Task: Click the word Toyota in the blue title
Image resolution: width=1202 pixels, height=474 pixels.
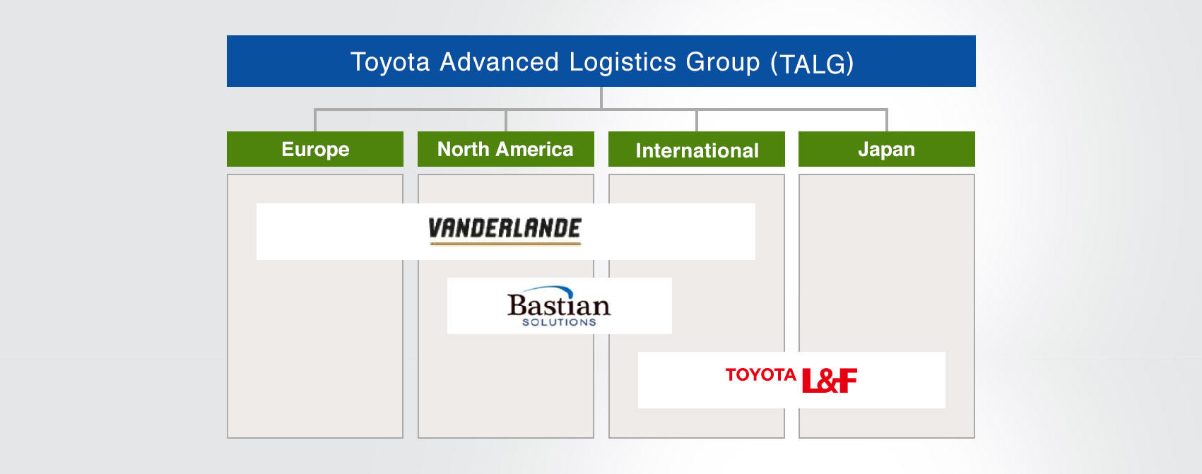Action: (390, 62)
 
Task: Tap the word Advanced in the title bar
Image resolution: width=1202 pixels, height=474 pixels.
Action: (499, 62)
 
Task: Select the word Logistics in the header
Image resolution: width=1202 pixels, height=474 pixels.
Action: (623, 62)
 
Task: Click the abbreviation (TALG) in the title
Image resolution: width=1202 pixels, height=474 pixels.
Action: (812, 64)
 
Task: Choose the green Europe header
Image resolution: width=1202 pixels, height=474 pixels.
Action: (315, 149)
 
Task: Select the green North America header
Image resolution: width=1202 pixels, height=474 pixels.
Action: (505, 149)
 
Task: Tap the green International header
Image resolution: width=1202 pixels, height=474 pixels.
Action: (697, 150)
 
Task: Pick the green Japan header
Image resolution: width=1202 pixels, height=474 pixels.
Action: (886, 149)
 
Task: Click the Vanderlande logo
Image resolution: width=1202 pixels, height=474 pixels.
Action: (505, 228)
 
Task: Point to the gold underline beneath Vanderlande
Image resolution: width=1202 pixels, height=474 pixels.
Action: (505, 244)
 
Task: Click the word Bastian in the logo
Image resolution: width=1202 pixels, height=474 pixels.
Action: (558, 305)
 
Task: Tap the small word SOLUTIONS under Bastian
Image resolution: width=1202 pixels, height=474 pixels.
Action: (559, 322)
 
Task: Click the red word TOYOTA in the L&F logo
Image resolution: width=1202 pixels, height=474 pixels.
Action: (760, 374)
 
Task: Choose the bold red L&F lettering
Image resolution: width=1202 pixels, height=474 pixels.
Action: (830, 381)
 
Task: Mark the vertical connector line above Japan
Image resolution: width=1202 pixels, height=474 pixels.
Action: (886, 120)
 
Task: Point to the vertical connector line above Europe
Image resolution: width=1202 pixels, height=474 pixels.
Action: (315, 120)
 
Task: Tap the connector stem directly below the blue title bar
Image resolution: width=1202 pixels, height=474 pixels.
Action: (601, 97)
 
